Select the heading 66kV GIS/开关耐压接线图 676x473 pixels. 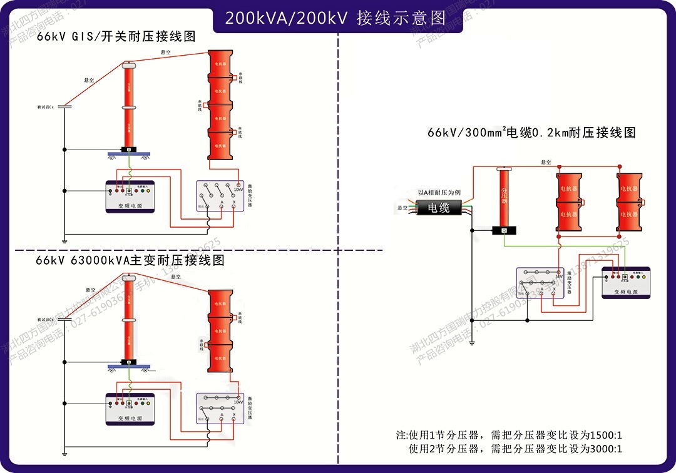[x=116, y=36]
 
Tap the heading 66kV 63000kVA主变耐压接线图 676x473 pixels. [x=130, y=260]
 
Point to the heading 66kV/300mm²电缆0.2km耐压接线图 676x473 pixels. [x=531, y=133]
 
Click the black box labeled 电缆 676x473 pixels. [x=439, y=208]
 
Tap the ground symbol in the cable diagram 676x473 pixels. [x=474, y=342]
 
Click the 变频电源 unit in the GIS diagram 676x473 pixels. [x=130, y=196]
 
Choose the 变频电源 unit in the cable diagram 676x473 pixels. [x=625, y=282]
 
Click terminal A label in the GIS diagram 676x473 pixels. [x=222, y=203]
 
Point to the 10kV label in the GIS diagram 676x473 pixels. [x=238, y=190]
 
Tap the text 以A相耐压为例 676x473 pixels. [x=439, y=193]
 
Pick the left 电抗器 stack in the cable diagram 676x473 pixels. [x=569, y=201]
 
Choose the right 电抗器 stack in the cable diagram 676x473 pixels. [x=629, y=201]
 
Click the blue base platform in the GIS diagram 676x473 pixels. [x=130, y=154]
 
